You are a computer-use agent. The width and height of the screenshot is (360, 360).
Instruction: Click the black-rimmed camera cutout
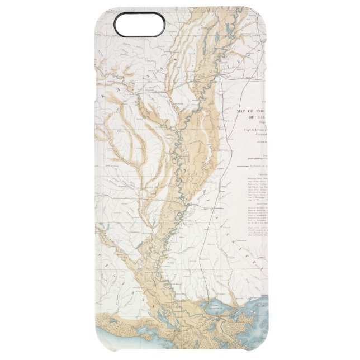tap(139, 24)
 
